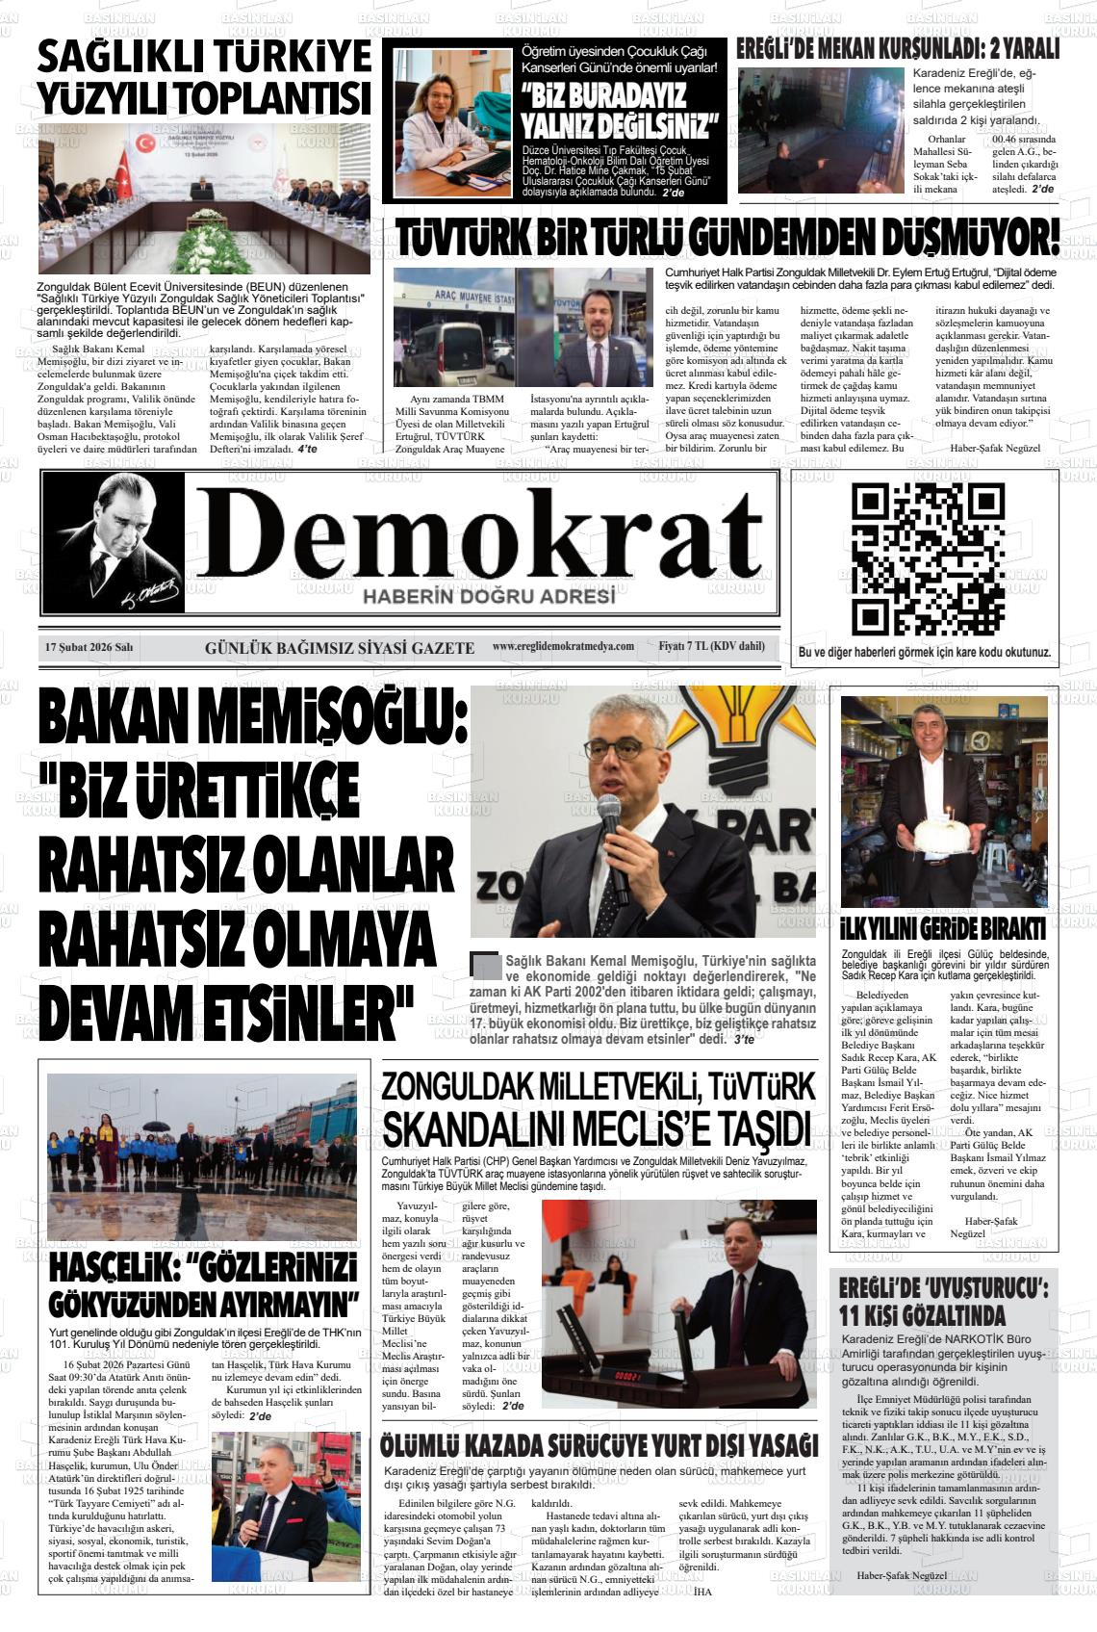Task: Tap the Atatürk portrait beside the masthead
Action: click(114, 542)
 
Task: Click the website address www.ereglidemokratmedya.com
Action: click(563, 646)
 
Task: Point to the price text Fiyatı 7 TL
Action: click(711, 646)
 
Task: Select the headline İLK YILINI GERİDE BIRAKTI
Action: click(943, 928)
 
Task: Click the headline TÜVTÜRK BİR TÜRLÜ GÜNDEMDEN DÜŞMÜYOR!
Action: click(727, 239)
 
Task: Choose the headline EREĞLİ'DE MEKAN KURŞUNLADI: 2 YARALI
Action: click(897, 48)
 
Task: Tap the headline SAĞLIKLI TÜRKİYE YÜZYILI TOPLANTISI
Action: click(204, 76)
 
